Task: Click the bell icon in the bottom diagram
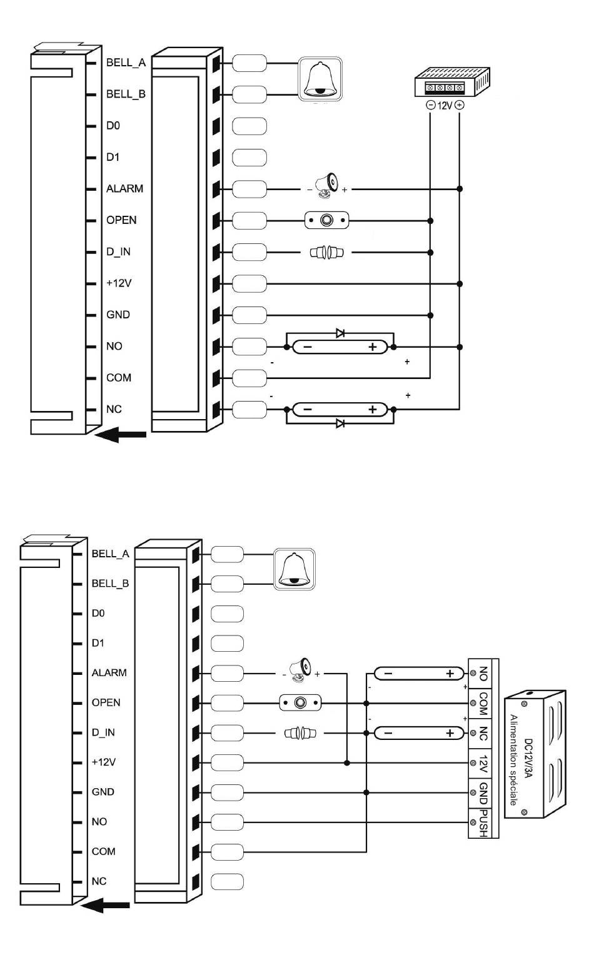pos(294,569)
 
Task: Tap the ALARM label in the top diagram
pos(124,188)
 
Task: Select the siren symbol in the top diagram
pos(326,186)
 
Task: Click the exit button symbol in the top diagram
pos(326,220)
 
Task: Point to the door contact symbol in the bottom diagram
pos(300,733)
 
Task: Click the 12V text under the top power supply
pos(445,105)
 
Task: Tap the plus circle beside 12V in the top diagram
pos(460,105)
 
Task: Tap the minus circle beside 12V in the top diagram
pos(431,105)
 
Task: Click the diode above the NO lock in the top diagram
pos(340,333)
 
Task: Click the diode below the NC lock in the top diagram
pos(340,423)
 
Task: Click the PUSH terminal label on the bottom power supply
pos(483,823)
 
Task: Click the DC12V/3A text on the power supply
pos(528,758)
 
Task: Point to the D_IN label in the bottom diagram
pos(103,732)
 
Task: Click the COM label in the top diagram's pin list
pos(119,378)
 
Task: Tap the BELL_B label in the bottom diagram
pos(110,583)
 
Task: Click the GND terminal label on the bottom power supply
pos(483,793)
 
